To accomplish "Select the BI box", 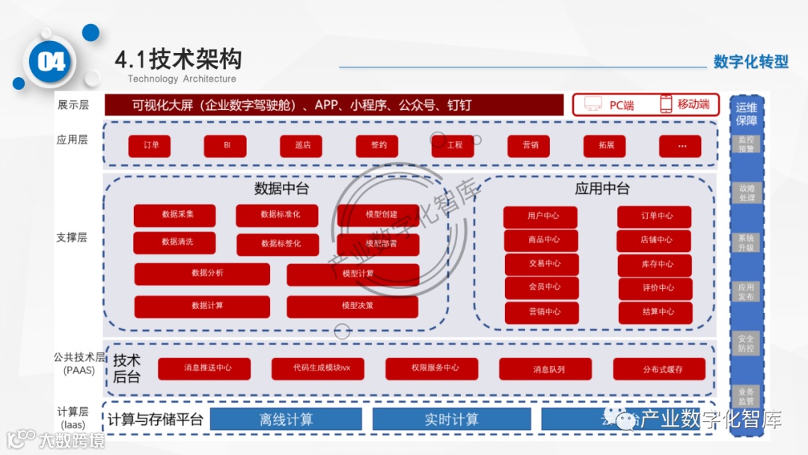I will coord(225,145).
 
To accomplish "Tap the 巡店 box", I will coord(301,145).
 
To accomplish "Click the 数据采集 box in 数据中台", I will coord(174,215).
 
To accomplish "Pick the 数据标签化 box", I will coord(278,244).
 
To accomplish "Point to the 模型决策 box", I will coord(352,306).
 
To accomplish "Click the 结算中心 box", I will coord(655,312).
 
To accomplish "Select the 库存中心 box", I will coord(655,264).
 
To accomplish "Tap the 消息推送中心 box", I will coord(204,369).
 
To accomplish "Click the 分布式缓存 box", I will coord(659,369).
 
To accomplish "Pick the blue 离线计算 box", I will coord(286,419).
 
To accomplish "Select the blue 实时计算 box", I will coord(451,419).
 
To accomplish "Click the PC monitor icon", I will coord(593,104).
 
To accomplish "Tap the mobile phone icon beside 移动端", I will coord(665,104).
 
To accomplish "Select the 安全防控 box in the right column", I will coord(746,343).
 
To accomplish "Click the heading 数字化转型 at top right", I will coord(750,62).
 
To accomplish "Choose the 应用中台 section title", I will coord(602,189).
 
